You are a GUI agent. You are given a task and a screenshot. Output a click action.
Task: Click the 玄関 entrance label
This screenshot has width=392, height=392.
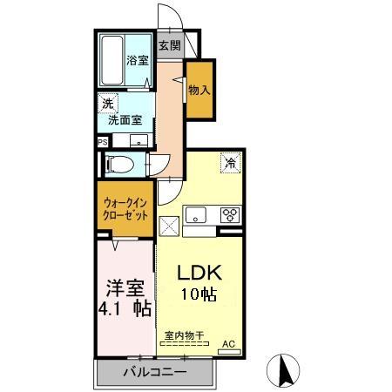tap(169, 46)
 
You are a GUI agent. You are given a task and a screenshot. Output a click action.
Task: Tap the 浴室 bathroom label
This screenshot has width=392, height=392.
tap(138, 61)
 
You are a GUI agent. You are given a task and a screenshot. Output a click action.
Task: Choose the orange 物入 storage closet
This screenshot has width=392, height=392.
tap(199, 90)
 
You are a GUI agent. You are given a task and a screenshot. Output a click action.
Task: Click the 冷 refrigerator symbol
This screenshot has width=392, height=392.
tap(230, 161)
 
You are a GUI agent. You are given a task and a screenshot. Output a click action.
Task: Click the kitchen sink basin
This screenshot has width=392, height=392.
tap(195, 213)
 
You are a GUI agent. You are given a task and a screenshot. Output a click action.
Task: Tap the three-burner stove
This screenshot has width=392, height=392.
tap(229, 213)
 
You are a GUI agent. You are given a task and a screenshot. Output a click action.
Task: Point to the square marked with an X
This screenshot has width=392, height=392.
tap(170, 223)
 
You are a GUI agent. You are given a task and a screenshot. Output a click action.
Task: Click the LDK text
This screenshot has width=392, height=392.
tap(200, 271)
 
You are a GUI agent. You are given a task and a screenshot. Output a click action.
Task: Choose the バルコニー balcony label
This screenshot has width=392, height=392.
tap(153, 373)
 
